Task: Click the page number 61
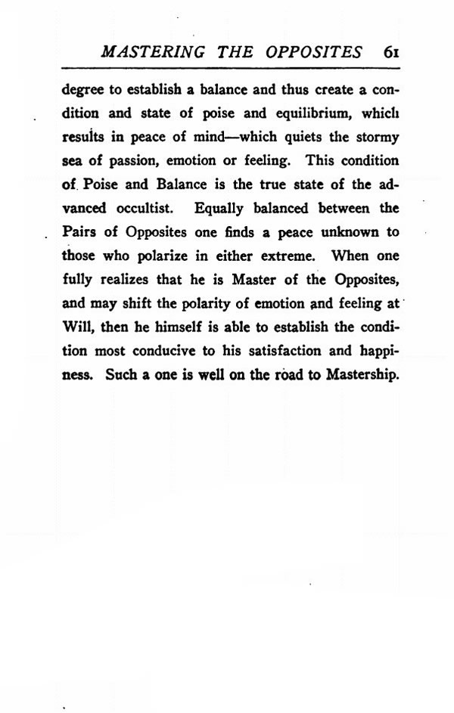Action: point(390,52)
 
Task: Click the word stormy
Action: point(376,140)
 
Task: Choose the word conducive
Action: point(174,352)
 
